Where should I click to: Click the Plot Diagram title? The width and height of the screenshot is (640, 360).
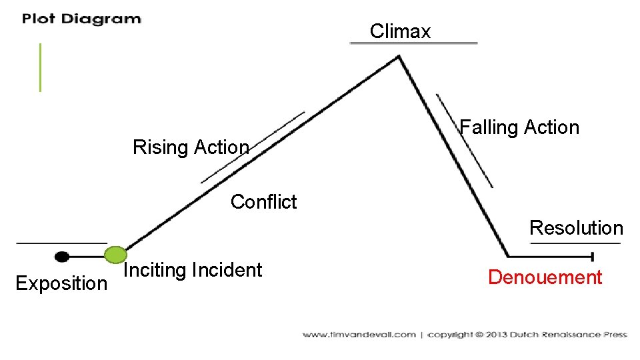(81, 19)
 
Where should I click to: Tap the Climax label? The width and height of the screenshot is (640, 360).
(400, 31)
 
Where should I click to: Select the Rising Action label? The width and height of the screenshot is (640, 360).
(191, 147)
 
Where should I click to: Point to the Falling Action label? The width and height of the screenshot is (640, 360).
(520, 127)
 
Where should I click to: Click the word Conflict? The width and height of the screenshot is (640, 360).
(263, 201)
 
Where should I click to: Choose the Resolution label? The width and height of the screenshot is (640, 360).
(576, 228)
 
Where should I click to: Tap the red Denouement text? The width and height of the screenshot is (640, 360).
(545, 277)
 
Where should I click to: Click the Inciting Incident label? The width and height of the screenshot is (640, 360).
(193, 270)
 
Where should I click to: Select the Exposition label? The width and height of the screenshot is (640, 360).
(61, 283)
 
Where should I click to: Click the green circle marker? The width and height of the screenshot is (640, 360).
(116, 255)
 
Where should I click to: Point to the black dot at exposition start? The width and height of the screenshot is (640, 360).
(62, 256)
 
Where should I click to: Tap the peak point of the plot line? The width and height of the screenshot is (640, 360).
(399, 56)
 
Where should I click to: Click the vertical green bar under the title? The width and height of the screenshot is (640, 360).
(40, 67)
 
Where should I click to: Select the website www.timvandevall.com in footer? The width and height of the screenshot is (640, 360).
(359, 335)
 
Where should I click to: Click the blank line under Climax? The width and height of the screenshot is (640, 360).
(414, 43)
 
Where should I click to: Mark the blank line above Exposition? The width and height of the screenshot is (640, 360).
(61, 243)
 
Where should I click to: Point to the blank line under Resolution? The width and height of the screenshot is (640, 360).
(575, 243)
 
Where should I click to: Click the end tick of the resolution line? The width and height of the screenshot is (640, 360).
(593, 256)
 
